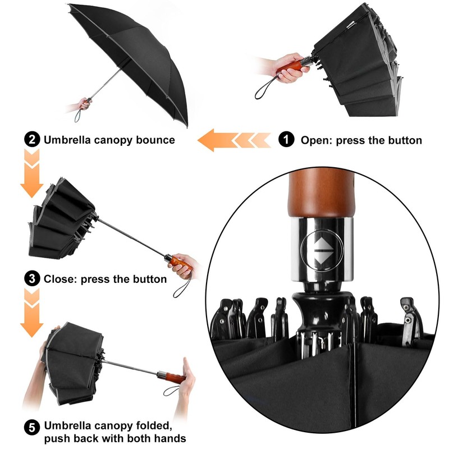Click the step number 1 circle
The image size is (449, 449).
(287, 140)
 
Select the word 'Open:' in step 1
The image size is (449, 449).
(317, 140)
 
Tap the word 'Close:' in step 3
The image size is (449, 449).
(60, 278)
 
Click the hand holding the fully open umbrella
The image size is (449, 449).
(85, 104)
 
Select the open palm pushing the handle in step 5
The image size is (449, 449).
(186, 387)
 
